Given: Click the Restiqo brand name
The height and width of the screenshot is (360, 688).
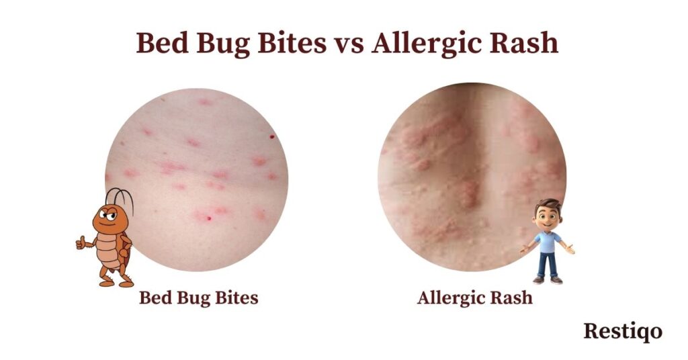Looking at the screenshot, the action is (x=623, y=332).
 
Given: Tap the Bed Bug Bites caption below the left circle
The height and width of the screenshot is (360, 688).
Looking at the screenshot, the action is (x=199, y=298).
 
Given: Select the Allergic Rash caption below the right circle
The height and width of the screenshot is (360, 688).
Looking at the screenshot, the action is (x=475, y=298).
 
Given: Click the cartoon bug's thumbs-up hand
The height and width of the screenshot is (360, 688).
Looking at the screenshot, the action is (x=81, y=242).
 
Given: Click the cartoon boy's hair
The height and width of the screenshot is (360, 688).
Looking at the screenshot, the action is (x=548, y=206).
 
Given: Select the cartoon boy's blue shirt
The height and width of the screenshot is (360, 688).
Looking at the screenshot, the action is (x=547, y=242).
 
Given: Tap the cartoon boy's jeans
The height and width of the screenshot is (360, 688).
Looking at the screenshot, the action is (x=548, y=265).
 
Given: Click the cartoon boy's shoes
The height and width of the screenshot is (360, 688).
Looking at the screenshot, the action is (x=547, y=280).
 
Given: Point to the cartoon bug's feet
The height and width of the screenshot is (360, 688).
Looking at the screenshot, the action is (x=116, y=283).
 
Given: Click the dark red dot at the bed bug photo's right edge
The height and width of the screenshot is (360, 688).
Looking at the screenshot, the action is (x=272, y=137).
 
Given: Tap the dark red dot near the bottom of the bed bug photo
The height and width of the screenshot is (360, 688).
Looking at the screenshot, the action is (x=209, y=218).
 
